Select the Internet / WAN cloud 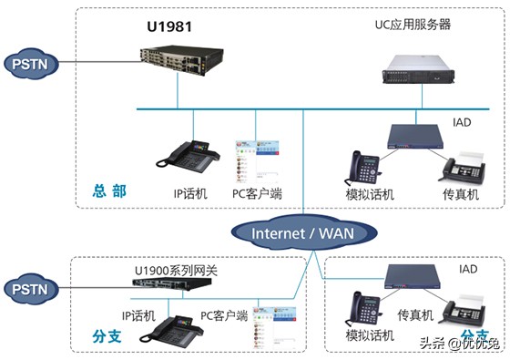(x=302, y=232)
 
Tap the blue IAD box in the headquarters (x=414, y=135)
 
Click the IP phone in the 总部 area (x=189, y=155)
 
